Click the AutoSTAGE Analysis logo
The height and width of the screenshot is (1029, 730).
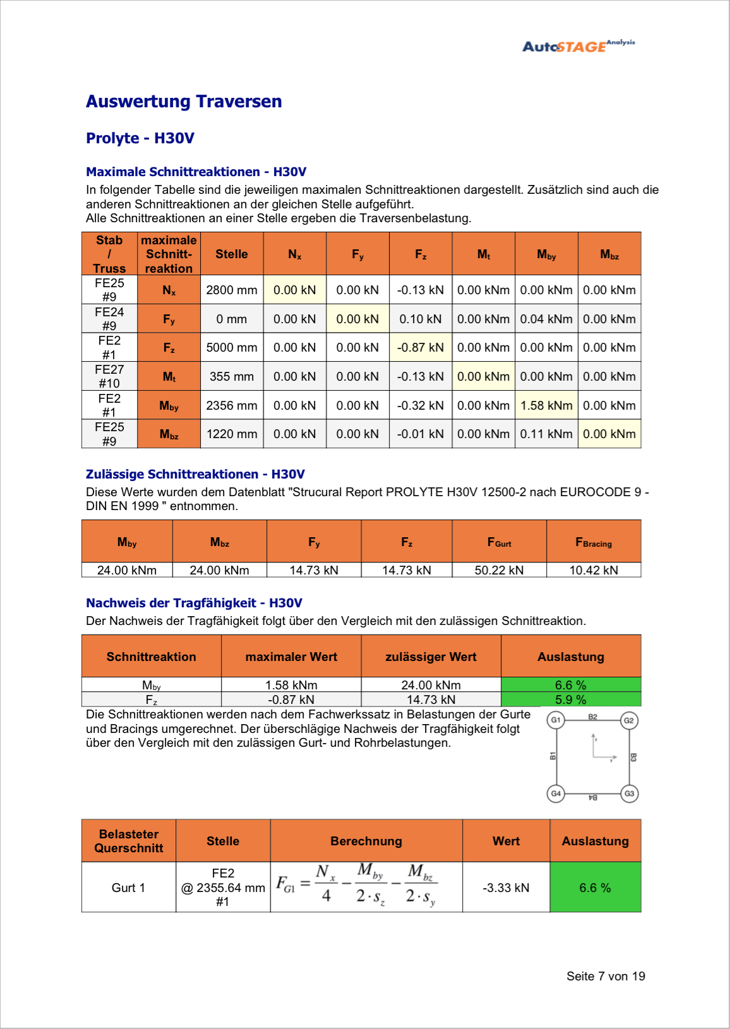pos(578,45)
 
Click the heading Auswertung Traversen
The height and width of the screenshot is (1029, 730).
pos(184,102)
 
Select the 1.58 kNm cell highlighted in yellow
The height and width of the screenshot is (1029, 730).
pos(546,405)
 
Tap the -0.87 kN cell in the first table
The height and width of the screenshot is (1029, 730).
pos(420,347)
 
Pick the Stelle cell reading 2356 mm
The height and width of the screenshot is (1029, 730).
pos(231,405)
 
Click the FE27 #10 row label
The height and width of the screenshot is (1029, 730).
pos(109,376)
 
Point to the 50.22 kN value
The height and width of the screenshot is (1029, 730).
pos(499,570)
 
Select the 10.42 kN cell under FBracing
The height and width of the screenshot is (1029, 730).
pos(594,570)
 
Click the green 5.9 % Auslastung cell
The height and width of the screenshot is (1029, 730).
pos(570,699)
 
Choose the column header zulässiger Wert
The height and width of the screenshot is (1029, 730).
pos(431,657)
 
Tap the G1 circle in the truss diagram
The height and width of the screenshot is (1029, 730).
pos(556,720)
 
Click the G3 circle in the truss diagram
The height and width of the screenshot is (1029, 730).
pos(629,794)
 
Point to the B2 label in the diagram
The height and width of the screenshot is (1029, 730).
pos(592,717)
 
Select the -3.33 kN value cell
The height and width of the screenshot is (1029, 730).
pos(506,888)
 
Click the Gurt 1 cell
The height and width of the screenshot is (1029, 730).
pos(128,888)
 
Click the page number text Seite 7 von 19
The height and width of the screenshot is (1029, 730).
pos(605,976)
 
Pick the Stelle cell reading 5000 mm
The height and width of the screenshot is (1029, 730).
pos(231,347)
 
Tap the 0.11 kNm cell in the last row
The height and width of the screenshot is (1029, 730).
pos(546,434)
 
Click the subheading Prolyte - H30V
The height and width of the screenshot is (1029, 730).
pos(140,138)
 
